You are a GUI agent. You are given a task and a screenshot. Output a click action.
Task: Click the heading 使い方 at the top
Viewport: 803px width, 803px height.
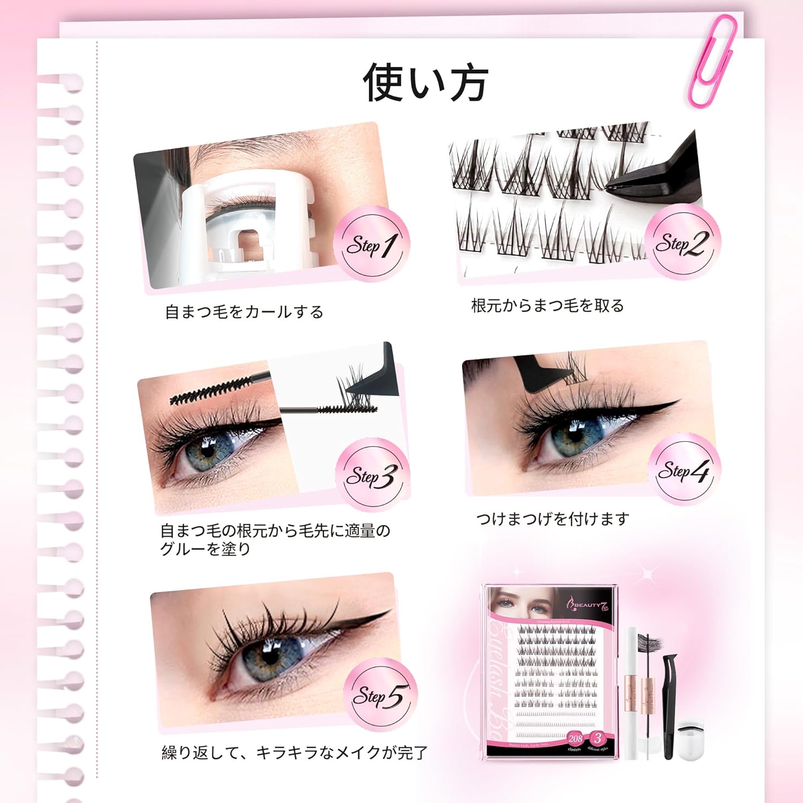[425, 83]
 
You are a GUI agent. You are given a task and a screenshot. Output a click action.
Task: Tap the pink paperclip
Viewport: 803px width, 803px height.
[713, 62]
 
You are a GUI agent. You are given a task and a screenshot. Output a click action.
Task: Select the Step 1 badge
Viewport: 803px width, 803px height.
[372, 245]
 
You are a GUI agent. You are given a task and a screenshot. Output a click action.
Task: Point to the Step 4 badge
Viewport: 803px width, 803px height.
[684, 470]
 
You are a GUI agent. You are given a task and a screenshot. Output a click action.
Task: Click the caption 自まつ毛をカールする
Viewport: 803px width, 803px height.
[244, 312]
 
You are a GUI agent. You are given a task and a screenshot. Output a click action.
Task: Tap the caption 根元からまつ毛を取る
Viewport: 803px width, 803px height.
[547, 306]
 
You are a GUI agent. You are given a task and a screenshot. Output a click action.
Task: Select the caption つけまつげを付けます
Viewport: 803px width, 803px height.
[552, 518]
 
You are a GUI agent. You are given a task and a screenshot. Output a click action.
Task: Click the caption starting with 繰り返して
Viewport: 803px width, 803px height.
[294, 752]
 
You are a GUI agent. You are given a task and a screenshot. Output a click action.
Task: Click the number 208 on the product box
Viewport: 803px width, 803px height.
[575, 738]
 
